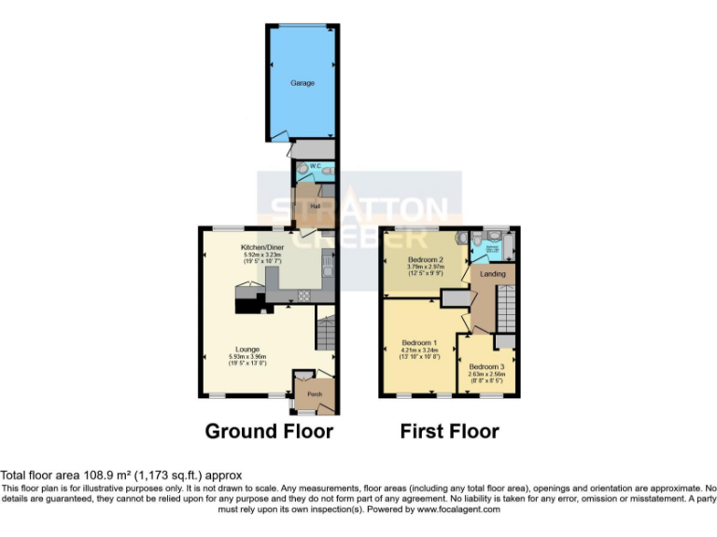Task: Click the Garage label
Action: (302, 83)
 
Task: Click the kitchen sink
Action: (328, 268)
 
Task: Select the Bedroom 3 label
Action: (486, 366)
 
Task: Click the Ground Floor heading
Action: (269, 431)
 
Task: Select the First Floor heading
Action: (449, 431)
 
